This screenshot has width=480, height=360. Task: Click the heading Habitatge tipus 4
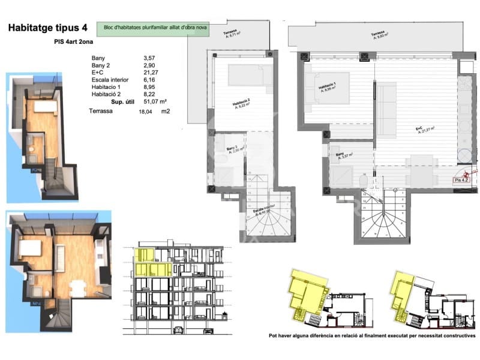point(47,27)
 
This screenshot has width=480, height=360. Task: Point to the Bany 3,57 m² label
point(344,155)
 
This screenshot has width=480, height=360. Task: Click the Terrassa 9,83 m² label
point(379,35)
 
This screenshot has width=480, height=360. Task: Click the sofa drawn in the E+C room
point(388,108)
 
